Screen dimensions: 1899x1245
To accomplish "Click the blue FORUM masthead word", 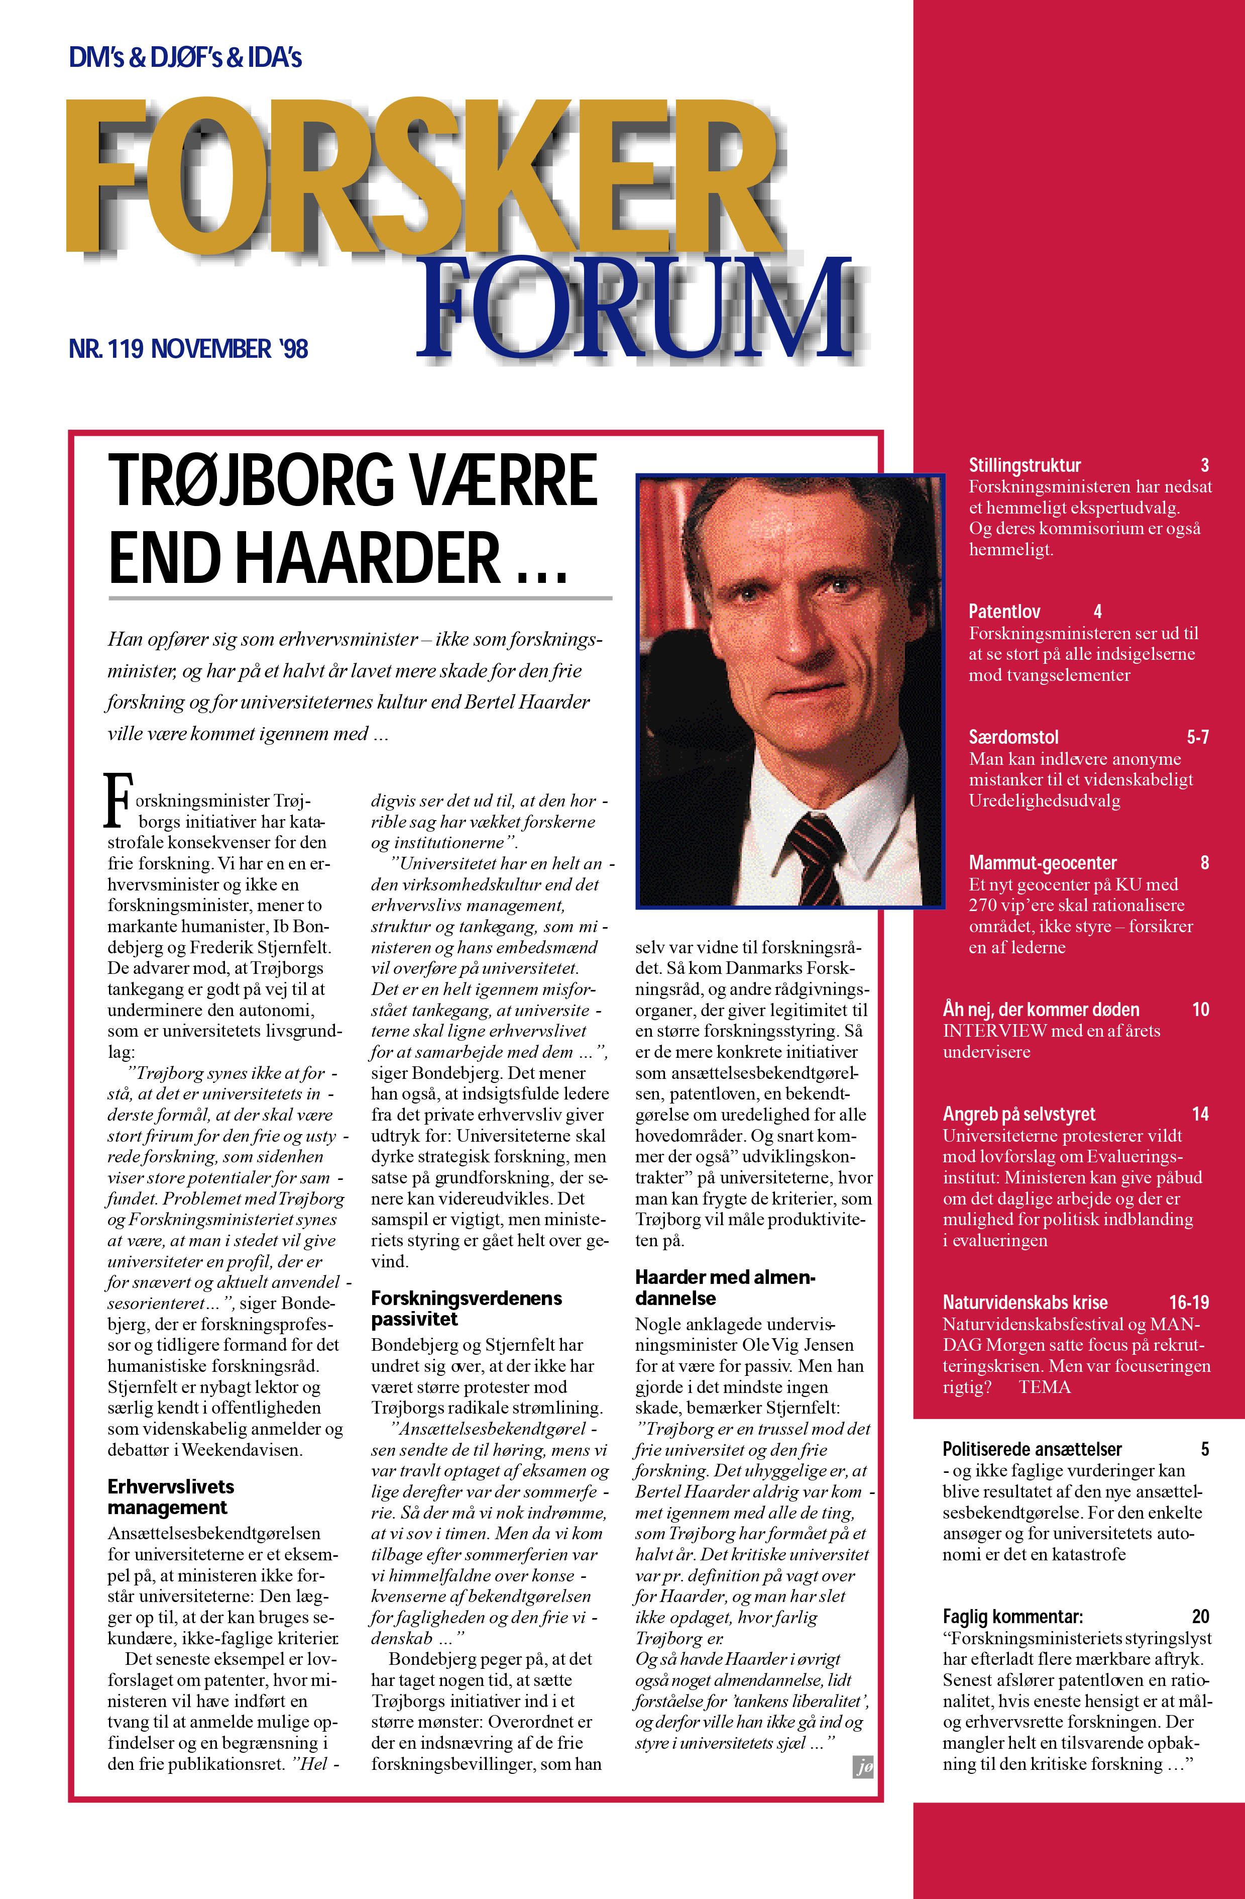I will pyautogui.click(x=634, y=310).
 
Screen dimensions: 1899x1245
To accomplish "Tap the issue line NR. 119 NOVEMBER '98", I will pyautogui.click(x=188, y=349).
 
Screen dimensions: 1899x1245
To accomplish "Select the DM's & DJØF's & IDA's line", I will pyautogui.click(x=185, y=57).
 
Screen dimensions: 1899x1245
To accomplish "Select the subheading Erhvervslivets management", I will pyautogui.click(x=171, y=1497).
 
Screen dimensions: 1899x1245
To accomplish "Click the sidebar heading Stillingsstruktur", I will pyautogui.click(x=1025, y=465).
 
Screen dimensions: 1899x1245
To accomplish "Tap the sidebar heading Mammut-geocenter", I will pyautogui.click(x=1043, y=862).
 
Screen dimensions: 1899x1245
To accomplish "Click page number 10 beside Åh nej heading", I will pyautogui.click(x=1200, y=1010).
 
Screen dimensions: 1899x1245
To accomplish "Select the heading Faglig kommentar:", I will pyautogui.click(x=1012, y=1617).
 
